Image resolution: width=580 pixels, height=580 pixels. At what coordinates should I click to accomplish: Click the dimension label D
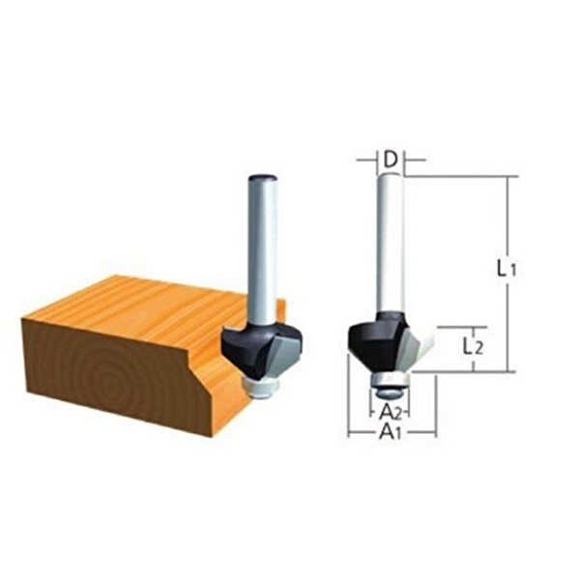tap(391, 159)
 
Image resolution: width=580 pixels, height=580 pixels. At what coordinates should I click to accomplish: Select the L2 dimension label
tap(473, 347)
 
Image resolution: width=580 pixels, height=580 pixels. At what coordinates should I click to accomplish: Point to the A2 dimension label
tap(391, 411)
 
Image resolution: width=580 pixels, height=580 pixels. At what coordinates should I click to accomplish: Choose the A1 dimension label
tap(391, 431)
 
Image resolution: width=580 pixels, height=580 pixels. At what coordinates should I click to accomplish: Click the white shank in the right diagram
tap(391, 246)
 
